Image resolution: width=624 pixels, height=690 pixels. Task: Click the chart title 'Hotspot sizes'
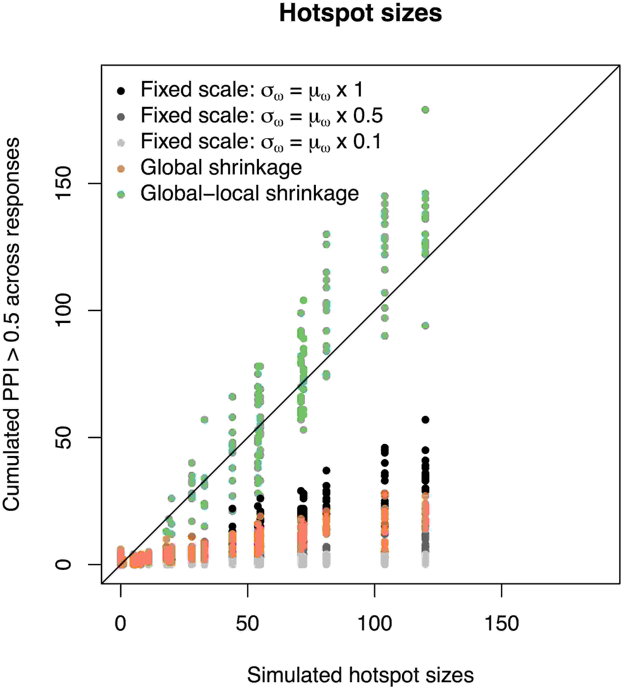(360, 14)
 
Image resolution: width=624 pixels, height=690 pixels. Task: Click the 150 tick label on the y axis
(63, 183)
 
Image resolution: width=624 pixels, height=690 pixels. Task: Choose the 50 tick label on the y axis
(63, 437)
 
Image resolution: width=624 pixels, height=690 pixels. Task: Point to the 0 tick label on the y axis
(63, 564)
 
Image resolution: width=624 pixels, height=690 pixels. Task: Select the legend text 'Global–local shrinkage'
(249, 193)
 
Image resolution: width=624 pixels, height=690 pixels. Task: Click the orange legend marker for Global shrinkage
(121, 169)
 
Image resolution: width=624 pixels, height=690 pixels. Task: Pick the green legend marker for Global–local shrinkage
(121, 195)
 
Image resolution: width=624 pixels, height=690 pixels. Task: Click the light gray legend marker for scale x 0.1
(121, 143)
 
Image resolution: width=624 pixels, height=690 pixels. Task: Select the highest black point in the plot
(425, 420)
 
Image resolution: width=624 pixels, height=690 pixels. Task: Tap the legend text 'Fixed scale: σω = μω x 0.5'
(261, 116)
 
